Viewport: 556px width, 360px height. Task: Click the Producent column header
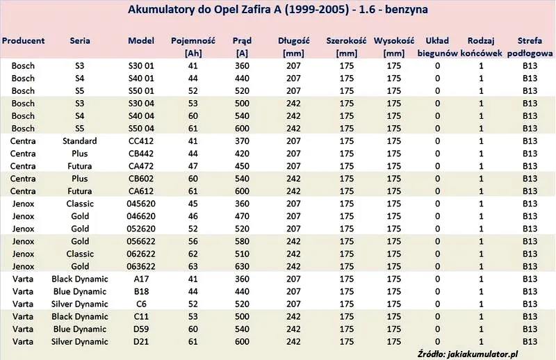(x=23, y=41)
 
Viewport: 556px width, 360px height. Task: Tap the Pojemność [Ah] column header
(x=193, y=47)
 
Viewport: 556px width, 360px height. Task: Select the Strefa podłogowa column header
(x=530, y=47)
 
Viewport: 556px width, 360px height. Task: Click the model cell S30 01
(x=141, y=66)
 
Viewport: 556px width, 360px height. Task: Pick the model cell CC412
(x=141, y=141)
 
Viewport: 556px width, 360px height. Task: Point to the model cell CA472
(x=141, y=166)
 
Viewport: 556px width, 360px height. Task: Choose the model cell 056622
(x=141, y=242)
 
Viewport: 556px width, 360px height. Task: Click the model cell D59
(x=141, y=329)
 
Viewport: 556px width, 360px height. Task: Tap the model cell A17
(x=141, y=279)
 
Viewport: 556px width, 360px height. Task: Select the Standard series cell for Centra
(x=80, y=141)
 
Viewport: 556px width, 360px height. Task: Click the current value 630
(x=242, y=266)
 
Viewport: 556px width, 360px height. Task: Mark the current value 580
(x=242, y=242)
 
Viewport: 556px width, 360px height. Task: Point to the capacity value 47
(x=193, y=166)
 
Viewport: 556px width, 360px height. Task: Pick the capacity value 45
(x=193, y=204)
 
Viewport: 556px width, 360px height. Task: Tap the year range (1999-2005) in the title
(x=318, y=10)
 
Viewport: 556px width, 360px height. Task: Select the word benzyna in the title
(x=407, y=10)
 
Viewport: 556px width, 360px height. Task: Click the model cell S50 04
(x=141, y=129)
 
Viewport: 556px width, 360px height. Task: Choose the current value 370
(x=242, y=141)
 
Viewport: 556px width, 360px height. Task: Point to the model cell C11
(x=141, y=317)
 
